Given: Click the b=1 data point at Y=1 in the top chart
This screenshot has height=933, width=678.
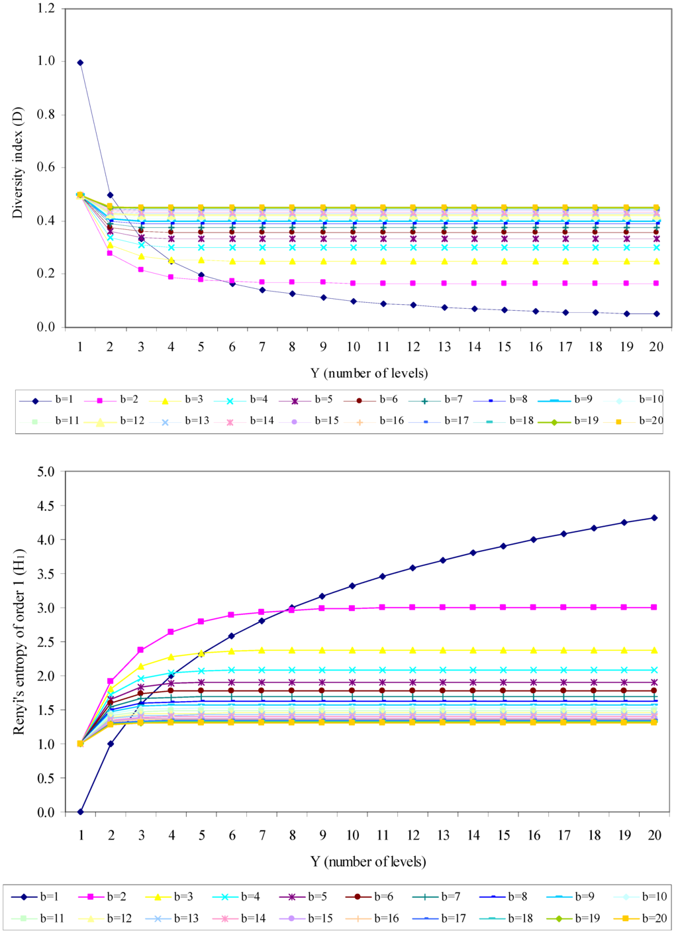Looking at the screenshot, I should click(x=80, y=62).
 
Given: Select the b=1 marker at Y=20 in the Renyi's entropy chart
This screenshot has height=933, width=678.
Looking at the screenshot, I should click(x=654, y=518).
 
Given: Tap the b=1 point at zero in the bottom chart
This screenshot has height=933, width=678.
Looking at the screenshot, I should click(x=80, y=812).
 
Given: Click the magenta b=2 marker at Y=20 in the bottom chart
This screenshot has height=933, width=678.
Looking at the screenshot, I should click(x=654, y=607).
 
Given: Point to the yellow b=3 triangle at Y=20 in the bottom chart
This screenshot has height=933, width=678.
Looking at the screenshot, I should click(x=654, y=650).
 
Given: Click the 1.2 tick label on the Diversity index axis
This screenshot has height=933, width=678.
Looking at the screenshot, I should click(x=47, y=9).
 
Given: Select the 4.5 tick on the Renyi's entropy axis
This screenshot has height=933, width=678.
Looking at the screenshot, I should click(x=47, y=506).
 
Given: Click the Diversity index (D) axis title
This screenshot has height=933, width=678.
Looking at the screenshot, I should click(x=18, y=162).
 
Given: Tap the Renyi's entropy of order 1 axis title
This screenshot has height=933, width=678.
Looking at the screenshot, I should click(x=19, y=641).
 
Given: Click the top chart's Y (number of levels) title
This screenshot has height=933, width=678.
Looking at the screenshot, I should click(x=369, y=373).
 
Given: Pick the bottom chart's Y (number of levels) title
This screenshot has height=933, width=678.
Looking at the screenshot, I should click(x=368, y=861).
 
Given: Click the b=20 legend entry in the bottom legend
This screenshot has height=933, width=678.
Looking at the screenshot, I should click(x=638, y=918).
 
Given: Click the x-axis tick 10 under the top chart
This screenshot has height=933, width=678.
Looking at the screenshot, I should click(x=353, y=347).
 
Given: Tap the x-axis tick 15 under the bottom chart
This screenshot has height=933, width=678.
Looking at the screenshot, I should click(x=504, y=835).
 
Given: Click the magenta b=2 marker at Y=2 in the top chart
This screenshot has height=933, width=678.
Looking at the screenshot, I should click(x=110, y=253).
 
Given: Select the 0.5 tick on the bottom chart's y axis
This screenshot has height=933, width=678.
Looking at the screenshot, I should click(x=47, y=778).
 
